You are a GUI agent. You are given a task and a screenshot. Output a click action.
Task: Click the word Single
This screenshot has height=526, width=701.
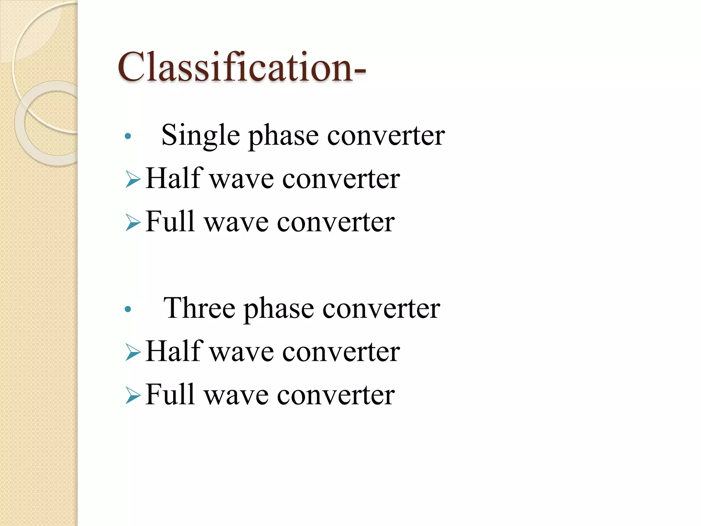[200, 135]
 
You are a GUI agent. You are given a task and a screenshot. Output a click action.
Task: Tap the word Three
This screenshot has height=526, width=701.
[199, 308]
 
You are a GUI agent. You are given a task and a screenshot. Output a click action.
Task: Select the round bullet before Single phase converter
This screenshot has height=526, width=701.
[128, 136]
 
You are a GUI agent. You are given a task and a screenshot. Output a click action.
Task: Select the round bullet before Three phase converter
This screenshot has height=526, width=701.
[128, 309]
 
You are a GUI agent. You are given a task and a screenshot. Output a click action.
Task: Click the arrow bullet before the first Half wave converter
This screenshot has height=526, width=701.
[133, 179]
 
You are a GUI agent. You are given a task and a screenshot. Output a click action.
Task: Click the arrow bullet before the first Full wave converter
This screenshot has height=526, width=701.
[133, 222]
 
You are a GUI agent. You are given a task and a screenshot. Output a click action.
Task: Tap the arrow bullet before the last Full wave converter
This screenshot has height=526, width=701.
[133, 396]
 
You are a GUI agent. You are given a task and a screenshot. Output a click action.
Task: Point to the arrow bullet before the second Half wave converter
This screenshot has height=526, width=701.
[133, 352]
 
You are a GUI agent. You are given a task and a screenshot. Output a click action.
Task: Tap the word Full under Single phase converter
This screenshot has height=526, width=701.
[170, 222]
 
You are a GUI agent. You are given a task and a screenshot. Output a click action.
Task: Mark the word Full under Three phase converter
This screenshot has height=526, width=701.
[170, 394]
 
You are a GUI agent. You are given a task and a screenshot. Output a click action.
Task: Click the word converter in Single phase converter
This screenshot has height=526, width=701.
[386, 136]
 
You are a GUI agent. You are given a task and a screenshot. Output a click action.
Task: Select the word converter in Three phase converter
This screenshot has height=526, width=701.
[381, 309]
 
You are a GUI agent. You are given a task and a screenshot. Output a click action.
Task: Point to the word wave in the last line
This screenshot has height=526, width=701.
[236, 396]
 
